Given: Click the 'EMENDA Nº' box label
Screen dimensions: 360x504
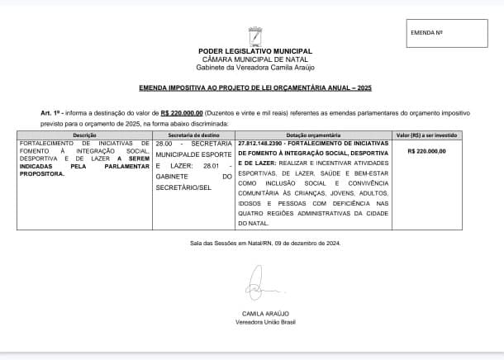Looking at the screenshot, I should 428,33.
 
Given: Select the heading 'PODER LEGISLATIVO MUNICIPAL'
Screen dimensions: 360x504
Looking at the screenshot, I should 256,52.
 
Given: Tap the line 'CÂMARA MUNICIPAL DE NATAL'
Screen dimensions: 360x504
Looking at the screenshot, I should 256,59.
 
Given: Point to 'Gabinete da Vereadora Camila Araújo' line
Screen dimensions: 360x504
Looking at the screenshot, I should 256,67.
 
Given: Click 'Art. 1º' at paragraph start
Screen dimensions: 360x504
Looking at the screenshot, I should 50,111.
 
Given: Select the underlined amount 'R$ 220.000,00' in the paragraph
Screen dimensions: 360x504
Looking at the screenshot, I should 181,111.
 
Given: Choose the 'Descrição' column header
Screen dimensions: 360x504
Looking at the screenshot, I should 85,134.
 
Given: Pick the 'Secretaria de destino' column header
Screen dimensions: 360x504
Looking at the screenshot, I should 194,134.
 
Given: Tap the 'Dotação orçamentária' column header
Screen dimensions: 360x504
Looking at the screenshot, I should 313,134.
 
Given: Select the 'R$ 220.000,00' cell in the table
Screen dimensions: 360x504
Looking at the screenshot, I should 427,151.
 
